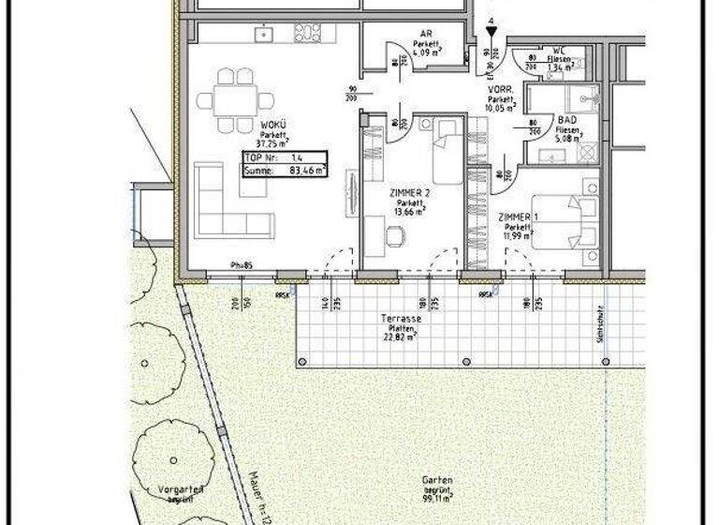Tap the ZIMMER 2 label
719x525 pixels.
pyautogui.click(x=409, y=193)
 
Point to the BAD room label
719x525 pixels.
pyautogui.click(x=567, y=121)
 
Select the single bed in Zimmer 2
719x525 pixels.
pyautogui.click(x=444, y=152)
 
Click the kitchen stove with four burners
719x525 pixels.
pyautogui.click(x=308, y=33)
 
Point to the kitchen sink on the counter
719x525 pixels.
pyautogui.click(x=263, y=33)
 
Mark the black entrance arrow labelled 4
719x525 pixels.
pyautogui.click(x=491, y=33)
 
